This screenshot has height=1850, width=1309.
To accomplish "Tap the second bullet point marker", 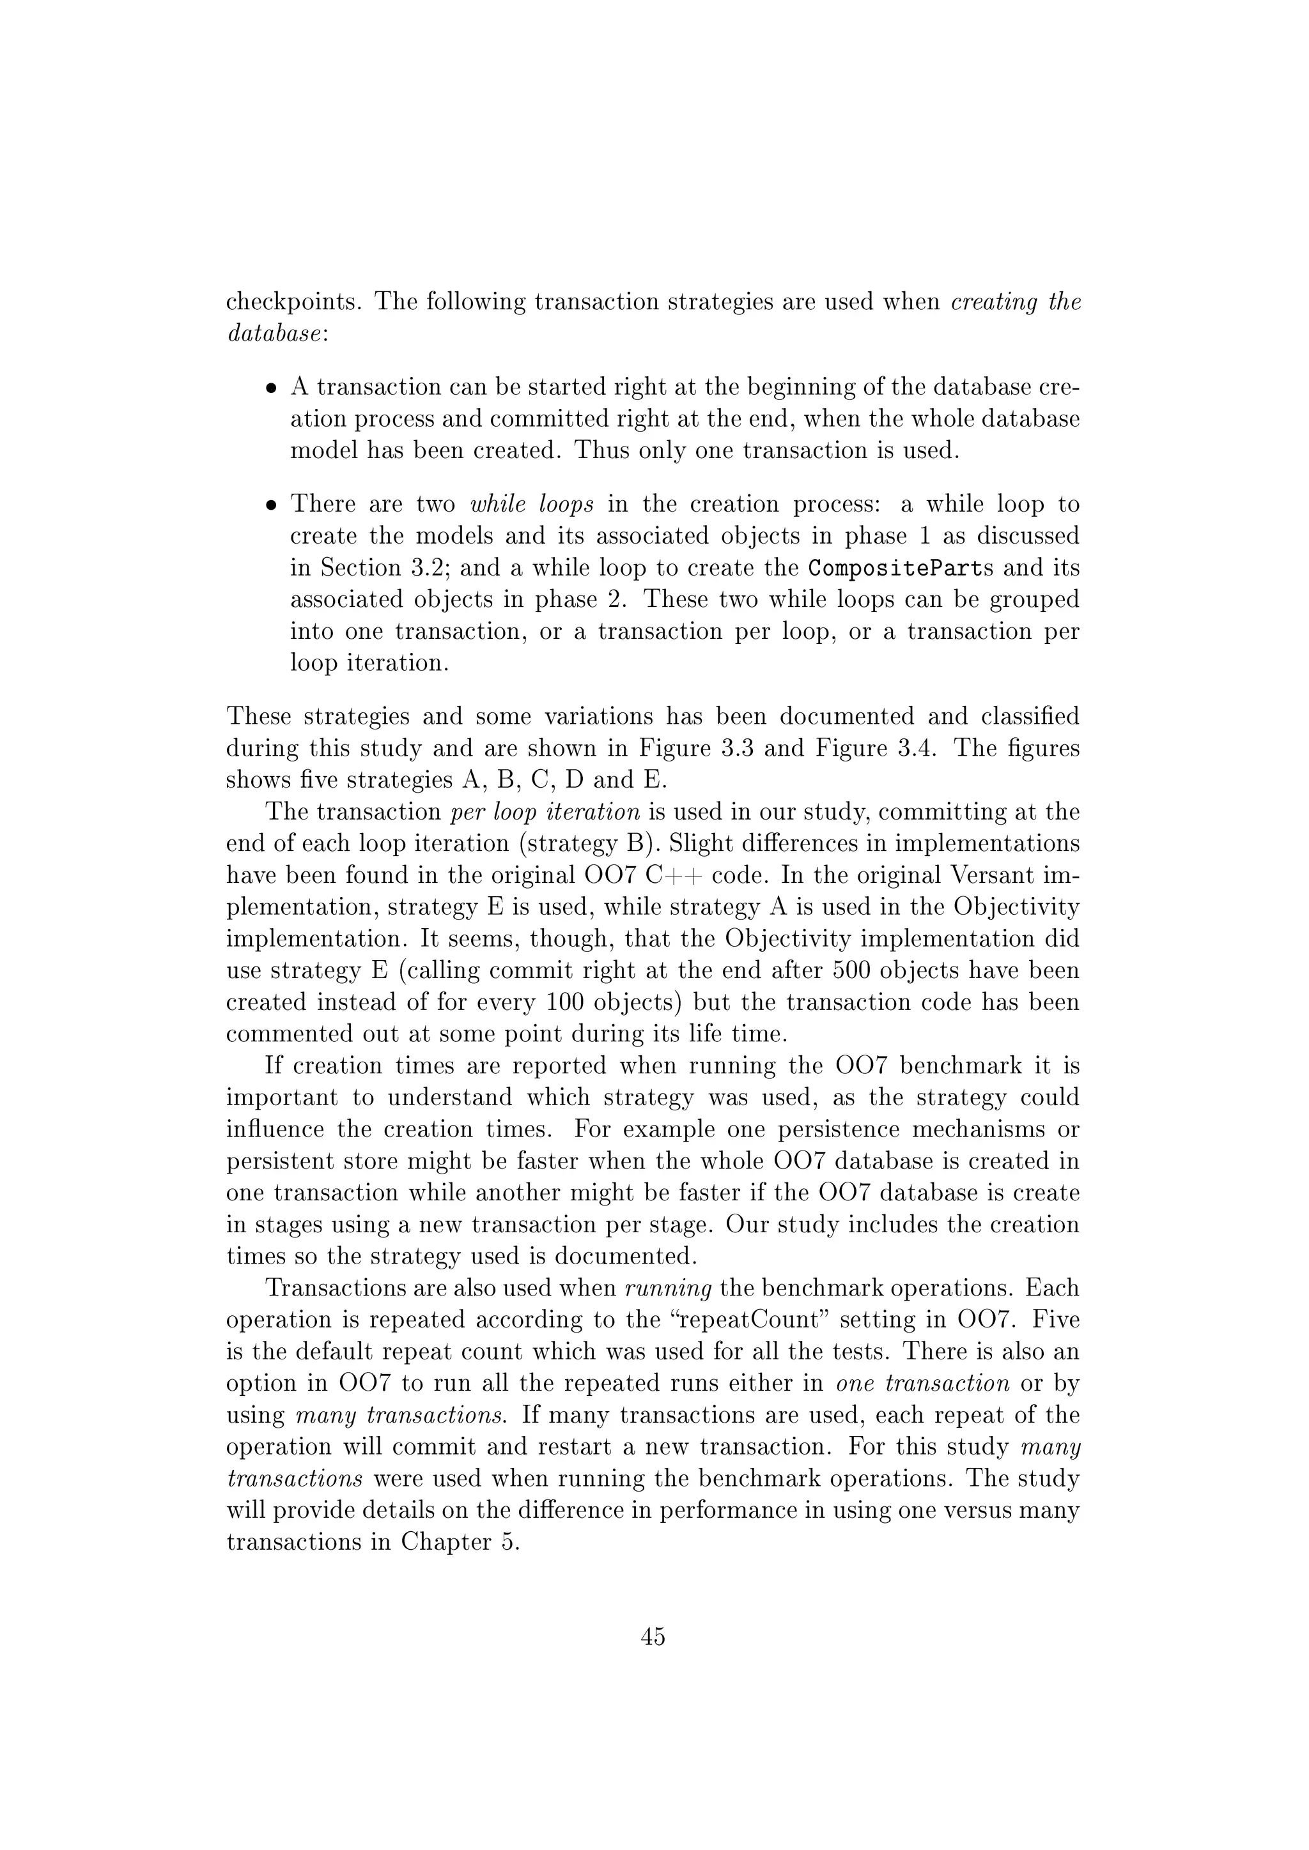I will click(x=272, y=506).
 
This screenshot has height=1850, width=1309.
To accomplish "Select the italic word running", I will click(x=668, y=1288).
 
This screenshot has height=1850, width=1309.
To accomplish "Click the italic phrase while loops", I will click(x=532, y=505).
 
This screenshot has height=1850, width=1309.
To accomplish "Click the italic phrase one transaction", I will click(x=923, y=1384).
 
